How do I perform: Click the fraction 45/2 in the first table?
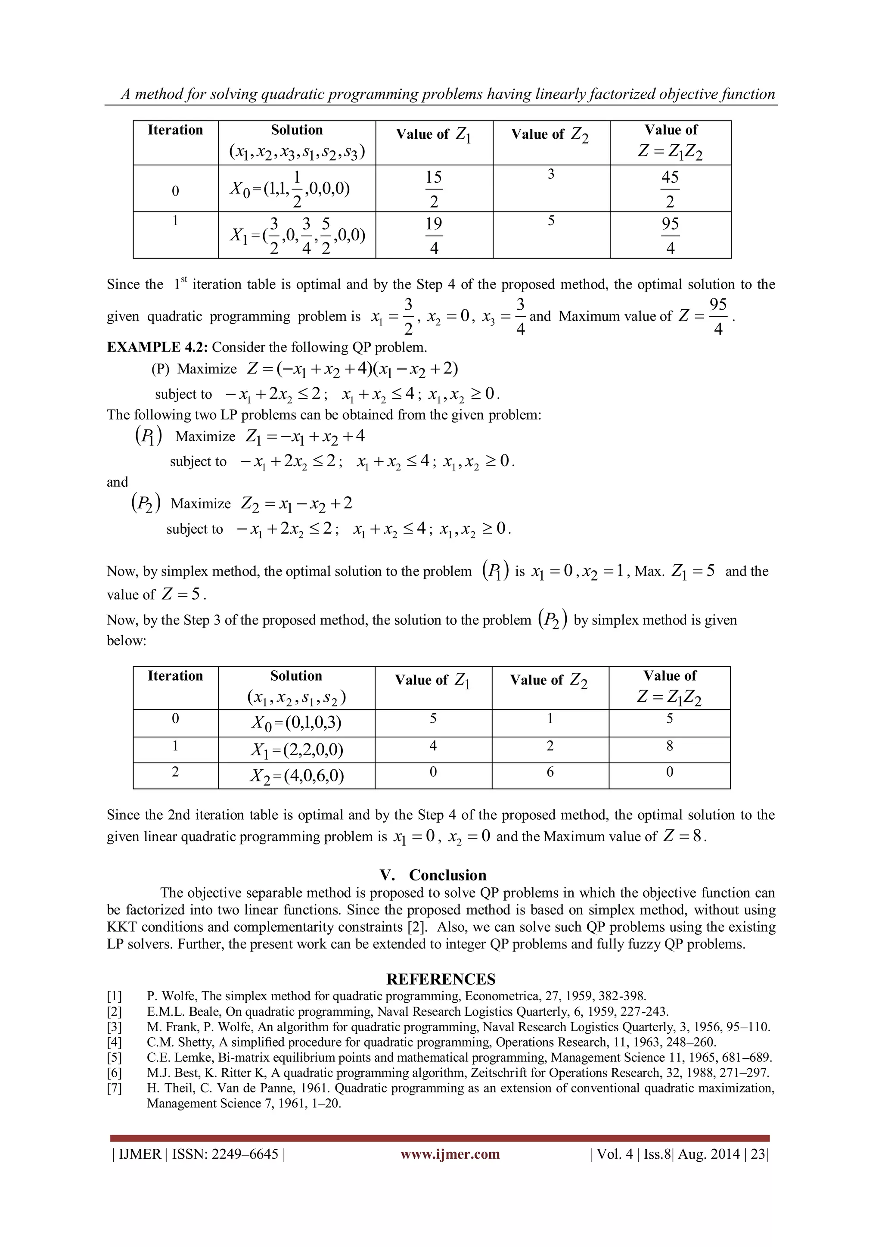tap(670, 189)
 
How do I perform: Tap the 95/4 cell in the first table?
tap(670, 235)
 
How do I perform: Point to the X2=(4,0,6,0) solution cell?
tap(297, 776)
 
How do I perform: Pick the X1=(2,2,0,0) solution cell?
tap(297, 750)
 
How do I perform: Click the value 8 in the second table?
tap(669, 746)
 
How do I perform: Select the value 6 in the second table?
tap(550, 772)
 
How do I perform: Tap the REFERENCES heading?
tap(441, 979)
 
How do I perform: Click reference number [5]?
tap(114, 1057)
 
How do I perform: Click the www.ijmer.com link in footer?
tap(450, 1154)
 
